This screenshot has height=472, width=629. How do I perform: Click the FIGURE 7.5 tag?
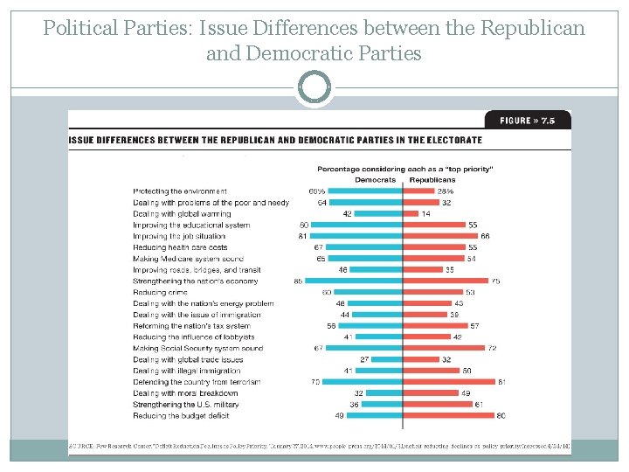point(527,120)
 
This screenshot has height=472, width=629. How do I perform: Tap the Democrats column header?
point(375,180)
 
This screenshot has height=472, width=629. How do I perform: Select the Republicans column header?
point(432,180)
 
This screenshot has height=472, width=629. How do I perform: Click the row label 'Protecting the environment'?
point(180,191)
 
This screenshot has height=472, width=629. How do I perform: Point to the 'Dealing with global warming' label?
point(182,213)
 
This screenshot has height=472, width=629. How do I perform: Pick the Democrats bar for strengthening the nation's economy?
point(354,281)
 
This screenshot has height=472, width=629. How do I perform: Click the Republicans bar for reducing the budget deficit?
point(446,415)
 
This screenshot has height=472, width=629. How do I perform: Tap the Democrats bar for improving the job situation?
point(356,236)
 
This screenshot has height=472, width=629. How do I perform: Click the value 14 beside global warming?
point(425,213)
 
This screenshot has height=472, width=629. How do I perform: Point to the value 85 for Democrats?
point(299,281)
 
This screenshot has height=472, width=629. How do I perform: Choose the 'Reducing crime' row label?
point(159,292)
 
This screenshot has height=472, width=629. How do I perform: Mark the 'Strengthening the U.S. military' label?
point(185,405)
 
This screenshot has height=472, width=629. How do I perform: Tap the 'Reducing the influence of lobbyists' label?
point(194,337)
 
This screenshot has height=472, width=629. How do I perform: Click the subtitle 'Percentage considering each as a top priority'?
point(404,169)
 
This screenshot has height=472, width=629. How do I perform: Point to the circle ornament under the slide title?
point(314,88)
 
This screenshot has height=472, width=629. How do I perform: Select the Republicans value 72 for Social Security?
point(493,349)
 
